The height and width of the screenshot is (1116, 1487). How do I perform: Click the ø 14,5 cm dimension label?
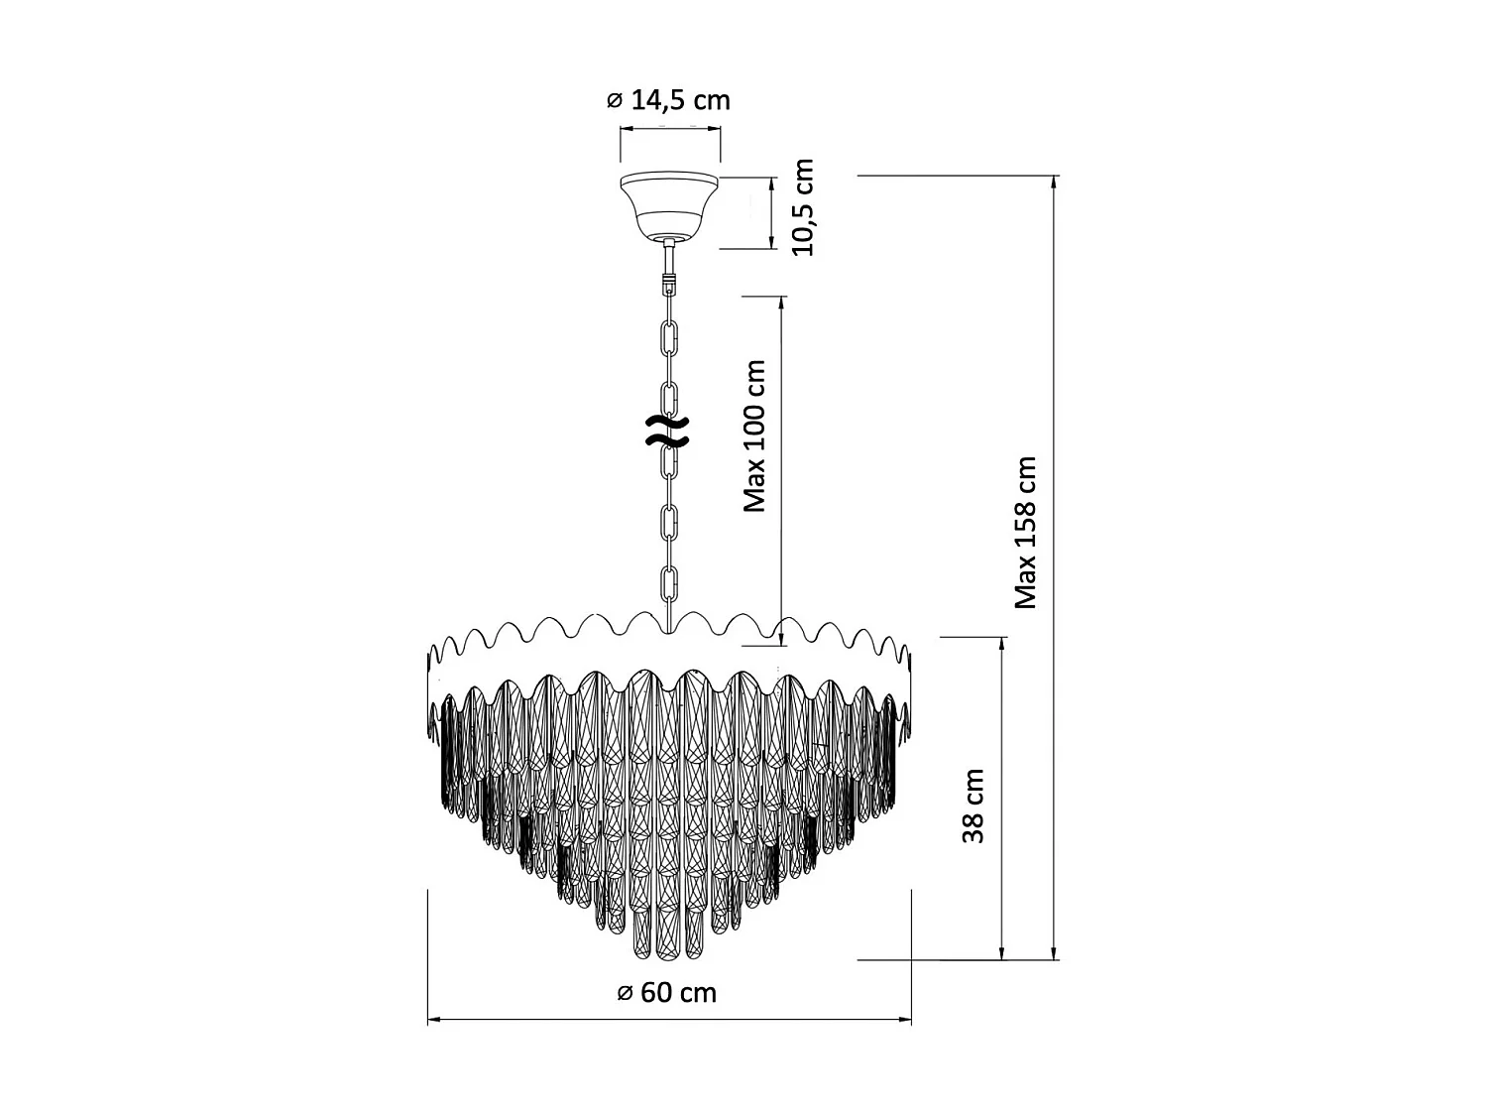click(x=667, y=100)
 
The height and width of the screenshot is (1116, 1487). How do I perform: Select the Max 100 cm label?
click(x=755, y=435)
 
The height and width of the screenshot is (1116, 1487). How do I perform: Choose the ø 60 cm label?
click(x=666, y=992)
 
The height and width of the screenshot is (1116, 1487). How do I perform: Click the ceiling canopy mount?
click(x=670, y=206)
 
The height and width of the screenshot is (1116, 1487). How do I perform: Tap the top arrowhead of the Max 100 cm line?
click(x=782, y=301)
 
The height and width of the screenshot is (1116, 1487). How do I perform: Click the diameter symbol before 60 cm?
click(x=625, y=993)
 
